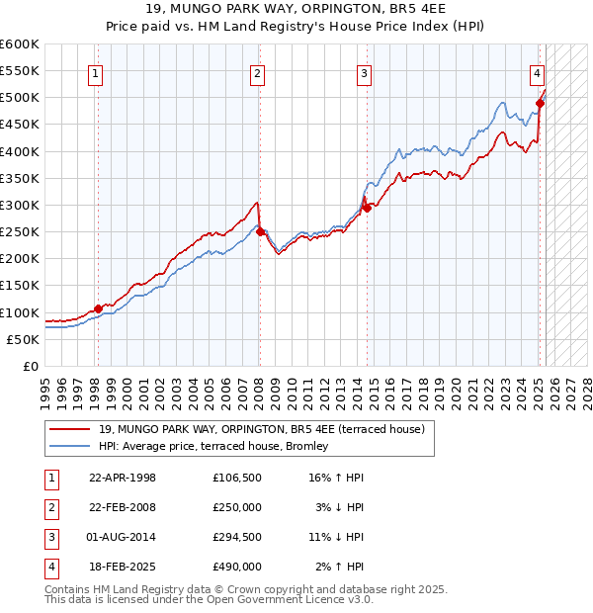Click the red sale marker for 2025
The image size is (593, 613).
(541, 103)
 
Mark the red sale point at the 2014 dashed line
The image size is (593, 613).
(367, 208)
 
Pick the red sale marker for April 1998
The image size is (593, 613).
(98, 308)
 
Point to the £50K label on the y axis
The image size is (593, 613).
(24, 339)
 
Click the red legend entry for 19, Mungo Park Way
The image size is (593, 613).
(261, 429)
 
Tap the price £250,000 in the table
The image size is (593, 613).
(237, 507)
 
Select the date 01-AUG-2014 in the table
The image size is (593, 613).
(122, 537)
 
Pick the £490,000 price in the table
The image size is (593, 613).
(237, 567)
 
